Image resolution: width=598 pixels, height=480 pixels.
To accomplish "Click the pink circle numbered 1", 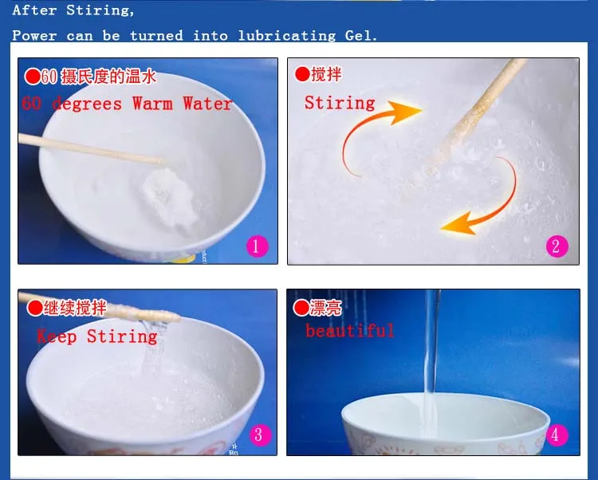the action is (257, 246).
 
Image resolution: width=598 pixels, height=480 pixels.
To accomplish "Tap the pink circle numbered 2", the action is (557, 246).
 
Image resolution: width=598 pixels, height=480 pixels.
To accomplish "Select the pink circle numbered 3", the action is (260, 435).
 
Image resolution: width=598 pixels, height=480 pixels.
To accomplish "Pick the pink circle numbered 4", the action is (557, 435).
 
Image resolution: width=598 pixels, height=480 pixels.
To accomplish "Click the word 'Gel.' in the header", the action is (360, 36).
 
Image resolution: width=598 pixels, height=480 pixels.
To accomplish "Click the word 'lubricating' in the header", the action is (287, 36).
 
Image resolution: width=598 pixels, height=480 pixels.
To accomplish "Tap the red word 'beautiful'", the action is (350, 331).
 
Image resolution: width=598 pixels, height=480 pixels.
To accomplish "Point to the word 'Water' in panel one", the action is (207, 104).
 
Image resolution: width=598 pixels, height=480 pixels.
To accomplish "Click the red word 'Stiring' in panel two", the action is (340, 103).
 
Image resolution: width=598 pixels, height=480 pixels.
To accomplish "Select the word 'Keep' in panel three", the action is (57, 336).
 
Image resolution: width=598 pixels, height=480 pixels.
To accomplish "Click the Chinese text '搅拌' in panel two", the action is (326, 74).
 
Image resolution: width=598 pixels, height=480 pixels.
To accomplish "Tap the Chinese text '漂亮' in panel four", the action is (325, 308).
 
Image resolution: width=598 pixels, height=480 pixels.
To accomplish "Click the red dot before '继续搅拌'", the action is (35, 308).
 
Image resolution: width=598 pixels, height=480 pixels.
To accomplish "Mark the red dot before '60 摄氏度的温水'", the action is (33, 77).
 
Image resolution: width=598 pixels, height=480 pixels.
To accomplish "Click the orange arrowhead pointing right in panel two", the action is (405, 112).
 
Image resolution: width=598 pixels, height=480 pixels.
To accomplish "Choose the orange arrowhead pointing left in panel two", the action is (458, 224).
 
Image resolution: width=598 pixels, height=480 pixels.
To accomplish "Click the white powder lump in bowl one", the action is (170, 199).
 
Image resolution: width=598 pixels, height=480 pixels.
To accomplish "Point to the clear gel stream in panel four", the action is (431, 362).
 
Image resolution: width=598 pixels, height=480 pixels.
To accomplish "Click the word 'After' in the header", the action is (34, 10).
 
